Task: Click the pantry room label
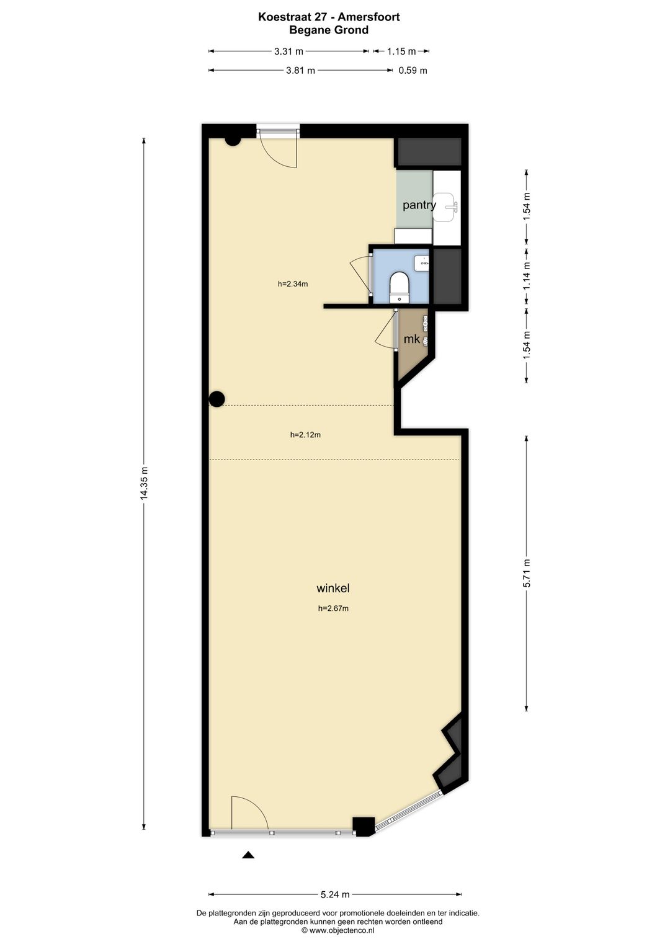[419, 205]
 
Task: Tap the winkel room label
[333, 588]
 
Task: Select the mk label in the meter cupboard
[411, 339]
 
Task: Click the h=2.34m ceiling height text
[293, 284]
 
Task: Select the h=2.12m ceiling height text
[305, 435]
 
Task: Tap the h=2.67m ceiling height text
[333, 608]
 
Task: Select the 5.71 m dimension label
[527, 573]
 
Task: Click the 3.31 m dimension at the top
[289, 51]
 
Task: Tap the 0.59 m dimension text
[413, 71]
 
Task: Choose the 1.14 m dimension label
[527, 275]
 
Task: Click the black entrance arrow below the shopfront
[248, 855]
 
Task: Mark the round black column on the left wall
[217, 399]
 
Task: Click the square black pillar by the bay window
[364, 825]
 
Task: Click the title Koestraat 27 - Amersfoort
[329, 17]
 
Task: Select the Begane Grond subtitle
[329, 30]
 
